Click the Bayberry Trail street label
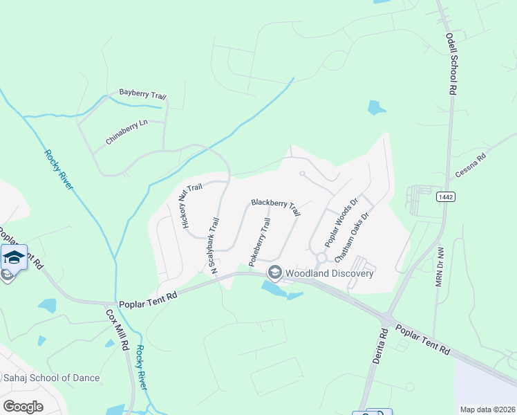[142, 93]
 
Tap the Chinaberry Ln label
[127, 131]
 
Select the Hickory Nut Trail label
[191, 205]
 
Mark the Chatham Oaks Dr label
[352, 236]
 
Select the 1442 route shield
[445, 197]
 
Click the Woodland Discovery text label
[330, 273]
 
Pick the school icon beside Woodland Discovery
[274, 273]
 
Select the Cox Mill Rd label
[117, 330]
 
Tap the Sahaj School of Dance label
[59, 378]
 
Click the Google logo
[23, 406]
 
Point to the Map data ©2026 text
[487, 409]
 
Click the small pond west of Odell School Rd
[376, 107]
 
